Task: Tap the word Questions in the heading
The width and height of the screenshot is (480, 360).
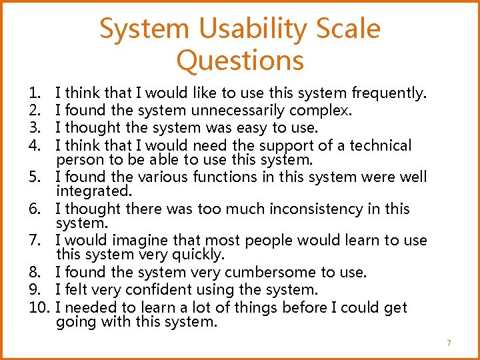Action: [x=240, y=61]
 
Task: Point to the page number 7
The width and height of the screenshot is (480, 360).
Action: [x=449, y=343]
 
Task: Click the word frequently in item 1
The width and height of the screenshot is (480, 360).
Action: [x=389, y=93]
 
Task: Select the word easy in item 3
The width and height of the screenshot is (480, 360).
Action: [x=251, y=127]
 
